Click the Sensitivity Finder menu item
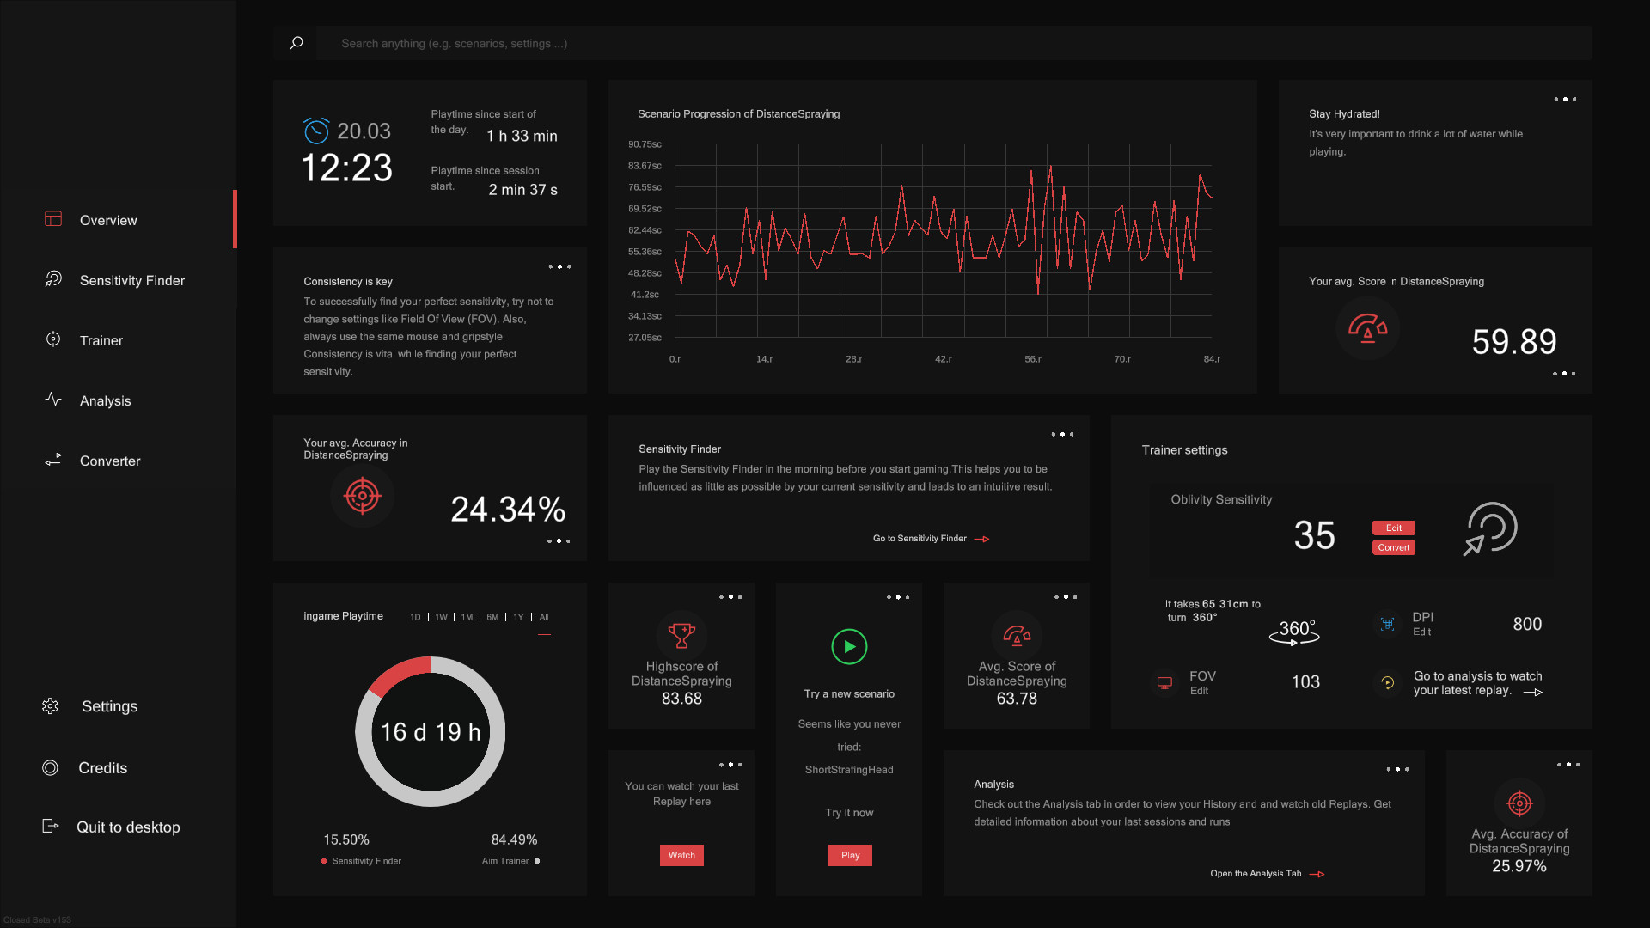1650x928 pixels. (131, 281)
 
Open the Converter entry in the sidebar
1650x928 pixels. (109, 461)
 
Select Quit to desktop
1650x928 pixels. (127, 827)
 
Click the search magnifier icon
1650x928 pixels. (296, 43)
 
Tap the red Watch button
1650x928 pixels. (681, 855)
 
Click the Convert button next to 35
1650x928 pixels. (1393, 548)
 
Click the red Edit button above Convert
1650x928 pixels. (1393, 528)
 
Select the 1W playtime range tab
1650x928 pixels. (441, 617)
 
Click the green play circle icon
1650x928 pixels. (849, 647)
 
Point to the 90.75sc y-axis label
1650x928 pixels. (645, 144)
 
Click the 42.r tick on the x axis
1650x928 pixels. (943, 359)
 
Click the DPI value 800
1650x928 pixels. (1527, 625)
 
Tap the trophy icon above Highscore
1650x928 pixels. (681, 636)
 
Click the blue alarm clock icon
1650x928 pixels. (316, 131)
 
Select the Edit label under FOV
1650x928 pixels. (1199, 691)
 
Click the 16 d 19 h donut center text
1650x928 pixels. (431, 732)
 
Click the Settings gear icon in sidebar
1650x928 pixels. (51, 706)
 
